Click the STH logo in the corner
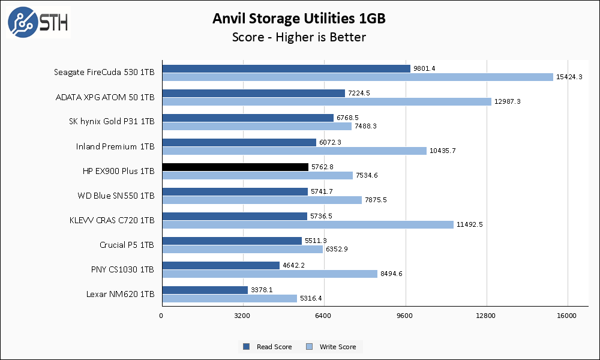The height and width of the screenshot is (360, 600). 38,23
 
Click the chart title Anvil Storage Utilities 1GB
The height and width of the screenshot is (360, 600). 299,19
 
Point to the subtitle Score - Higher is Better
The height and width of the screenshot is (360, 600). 299,37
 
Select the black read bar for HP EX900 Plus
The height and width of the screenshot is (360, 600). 235,167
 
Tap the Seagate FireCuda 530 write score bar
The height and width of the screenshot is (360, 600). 358,77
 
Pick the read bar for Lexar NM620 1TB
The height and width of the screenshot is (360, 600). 205,290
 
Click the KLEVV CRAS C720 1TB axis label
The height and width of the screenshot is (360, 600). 112,220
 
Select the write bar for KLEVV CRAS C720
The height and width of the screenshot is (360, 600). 308,224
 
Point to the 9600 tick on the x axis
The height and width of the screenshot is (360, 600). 405,316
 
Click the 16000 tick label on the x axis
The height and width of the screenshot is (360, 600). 567,316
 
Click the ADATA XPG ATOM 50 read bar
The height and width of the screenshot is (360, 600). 253,93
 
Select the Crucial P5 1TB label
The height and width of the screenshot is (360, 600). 127,245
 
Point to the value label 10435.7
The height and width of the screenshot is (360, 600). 442,151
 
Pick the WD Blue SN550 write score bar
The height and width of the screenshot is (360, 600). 262,200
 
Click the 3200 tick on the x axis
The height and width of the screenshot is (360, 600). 242,316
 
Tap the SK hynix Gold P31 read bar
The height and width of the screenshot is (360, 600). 248,118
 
